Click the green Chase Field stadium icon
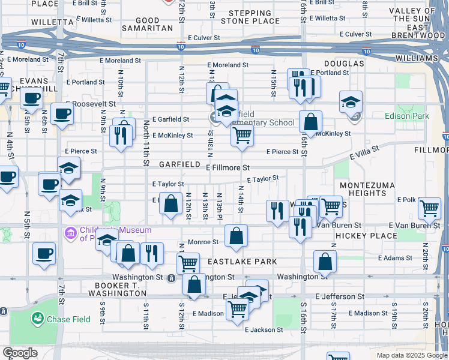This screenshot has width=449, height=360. pos(38,319)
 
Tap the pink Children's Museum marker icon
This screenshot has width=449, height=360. pos(70,232)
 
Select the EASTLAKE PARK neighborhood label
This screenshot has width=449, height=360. pos(243,262)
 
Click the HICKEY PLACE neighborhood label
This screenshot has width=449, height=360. pos(363,237)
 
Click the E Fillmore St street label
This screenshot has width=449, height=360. pos(228,168)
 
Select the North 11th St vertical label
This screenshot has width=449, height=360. pos(146,142)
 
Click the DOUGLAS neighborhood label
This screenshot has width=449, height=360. pos(345,64)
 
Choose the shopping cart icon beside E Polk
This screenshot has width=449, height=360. pos(429,208)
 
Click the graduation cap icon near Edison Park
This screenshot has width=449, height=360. pos(351,101)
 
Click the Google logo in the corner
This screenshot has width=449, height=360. pos(20,353)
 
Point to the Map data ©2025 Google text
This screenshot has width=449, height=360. pos(411,355)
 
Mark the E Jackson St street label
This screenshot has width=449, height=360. pos(264,329)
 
